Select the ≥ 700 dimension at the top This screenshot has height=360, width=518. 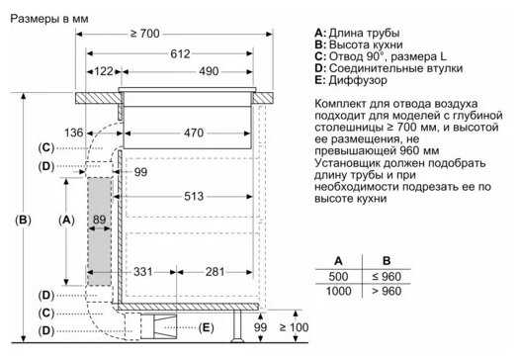pos(144,35)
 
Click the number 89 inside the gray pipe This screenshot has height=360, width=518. pos(98,220)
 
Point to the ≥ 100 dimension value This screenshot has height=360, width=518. pos(296,326)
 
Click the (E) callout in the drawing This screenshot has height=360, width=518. pos(207,326)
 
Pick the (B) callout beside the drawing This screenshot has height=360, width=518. pos(24,219)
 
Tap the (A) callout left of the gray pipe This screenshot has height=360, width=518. pos(65,219)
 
